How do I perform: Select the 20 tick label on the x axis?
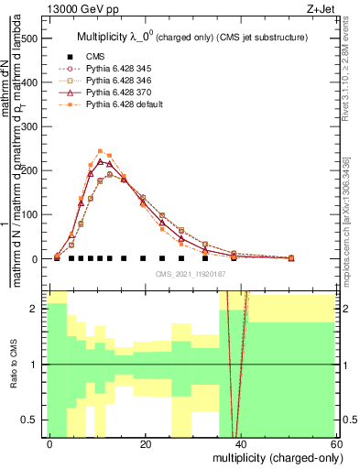click(146, 443)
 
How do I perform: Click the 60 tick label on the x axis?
click(336, 443)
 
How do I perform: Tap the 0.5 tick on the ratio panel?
click(32, 420)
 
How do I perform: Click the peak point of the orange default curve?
click(100, 151)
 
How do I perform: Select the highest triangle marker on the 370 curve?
click(100, 162)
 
